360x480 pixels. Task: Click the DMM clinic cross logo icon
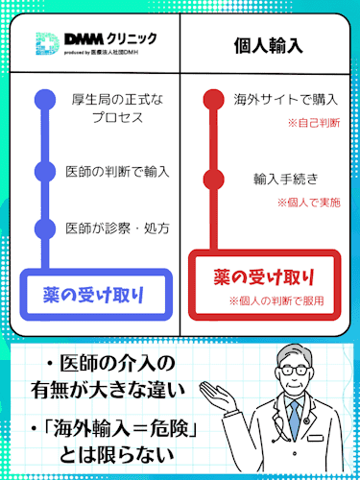[x=46, y=45]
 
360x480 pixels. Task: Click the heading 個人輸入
[x=268, y=46]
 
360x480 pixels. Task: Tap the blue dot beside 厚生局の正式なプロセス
[x=42, y=99]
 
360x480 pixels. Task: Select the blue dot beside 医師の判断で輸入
[x=42, y=172]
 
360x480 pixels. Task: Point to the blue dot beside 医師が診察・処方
[x=42, y=229]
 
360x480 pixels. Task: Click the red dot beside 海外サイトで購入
[x=214, y=99]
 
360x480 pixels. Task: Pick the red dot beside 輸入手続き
[x=214, y=179]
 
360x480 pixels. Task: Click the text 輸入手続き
[x=286, y=179]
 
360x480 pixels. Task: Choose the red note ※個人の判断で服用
[x=284, y=300]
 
